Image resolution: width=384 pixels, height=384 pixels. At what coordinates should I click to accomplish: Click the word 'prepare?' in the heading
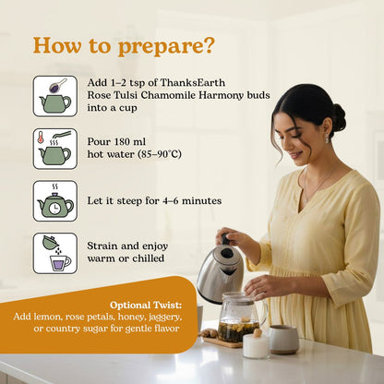(165, 47)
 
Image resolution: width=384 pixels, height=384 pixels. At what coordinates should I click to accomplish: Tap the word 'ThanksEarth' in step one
(193, 82)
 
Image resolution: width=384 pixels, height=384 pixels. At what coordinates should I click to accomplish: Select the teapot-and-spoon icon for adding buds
(55, 96)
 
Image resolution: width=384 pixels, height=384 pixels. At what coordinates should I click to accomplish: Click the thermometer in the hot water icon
(40, 138)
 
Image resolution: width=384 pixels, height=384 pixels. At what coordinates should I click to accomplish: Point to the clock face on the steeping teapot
(54, 209)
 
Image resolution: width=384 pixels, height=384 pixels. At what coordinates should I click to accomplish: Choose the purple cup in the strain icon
(60, 263)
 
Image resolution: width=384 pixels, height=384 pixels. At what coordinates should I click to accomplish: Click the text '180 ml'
(130, 141)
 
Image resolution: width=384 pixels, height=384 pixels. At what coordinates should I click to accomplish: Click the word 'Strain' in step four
(102, 246)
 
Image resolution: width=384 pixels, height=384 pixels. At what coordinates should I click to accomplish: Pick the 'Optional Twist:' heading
(146, 306)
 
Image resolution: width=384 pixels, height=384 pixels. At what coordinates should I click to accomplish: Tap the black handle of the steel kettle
(226, 240)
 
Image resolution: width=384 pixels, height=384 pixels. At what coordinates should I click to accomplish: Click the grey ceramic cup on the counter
(283, 339)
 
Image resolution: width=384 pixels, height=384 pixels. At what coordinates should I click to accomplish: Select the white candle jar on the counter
(256, 345)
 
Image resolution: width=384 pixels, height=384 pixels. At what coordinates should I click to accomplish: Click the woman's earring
(327, 139)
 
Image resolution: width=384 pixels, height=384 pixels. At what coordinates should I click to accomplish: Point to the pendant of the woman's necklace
(306, 199)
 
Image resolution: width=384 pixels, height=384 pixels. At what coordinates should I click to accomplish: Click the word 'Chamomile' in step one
(168, 95)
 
